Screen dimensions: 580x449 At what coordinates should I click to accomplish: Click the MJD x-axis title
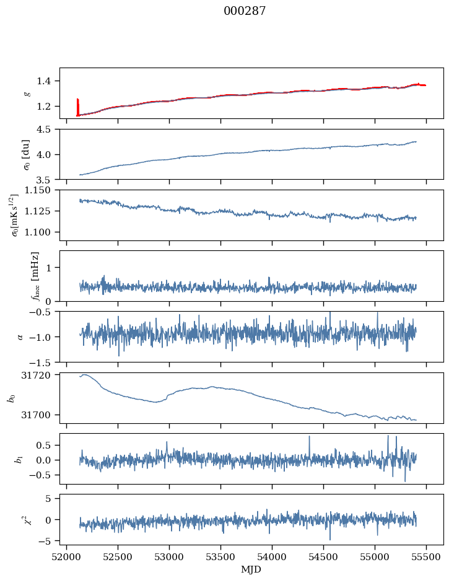click(251, 569)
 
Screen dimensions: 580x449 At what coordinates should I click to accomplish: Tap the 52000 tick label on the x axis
click(68, 558)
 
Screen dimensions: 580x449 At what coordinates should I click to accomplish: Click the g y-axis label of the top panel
click(27, 93)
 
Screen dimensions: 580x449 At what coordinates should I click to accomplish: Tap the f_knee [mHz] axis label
click(35, 276)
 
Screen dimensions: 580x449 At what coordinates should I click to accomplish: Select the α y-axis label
click(20, 336)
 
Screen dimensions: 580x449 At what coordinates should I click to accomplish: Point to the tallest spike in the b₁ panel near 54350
click(308, 437)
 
